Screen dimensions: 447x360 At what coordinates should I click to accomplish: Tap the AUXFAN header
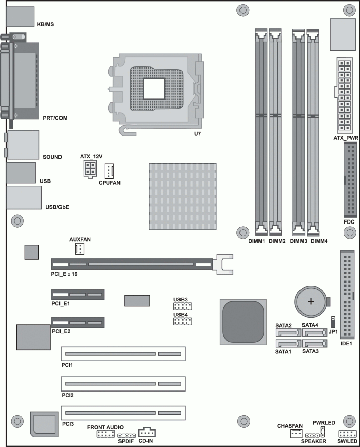pyautogui.click(x=80, y=248)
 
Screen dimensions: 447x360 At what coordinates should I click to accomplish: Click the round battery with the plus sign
pyautogui.click(x=311, y=302)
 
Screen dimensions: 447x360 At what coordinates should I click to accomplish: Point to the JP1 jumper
pyautogui.click(x=333, y=321)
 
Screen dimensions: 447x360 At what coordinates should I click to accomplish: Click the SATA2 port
pyautogui.click(x=287, y=333)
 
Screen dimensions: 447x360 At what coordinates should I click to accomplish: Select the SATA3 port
pyautogui.click(x=314, y=344)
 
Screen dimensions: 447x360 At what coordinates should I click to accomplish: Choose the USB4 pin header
pyautogui.click(x=180, y=321)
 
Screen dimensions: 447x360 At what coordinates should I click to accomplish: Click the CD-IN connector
pyautogui.click(x=147, y=432)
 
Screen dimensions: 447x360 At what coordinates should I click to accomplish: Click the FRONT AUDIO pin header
pyautogui.click(x=105, y=435)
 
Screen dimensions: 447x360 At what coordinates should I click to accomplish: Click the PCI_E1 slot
pyautogui.click(x=77, y=294)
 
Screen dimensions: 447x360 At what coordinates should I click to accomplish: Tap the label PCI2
pyautogui.click(x=68, y=395)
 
